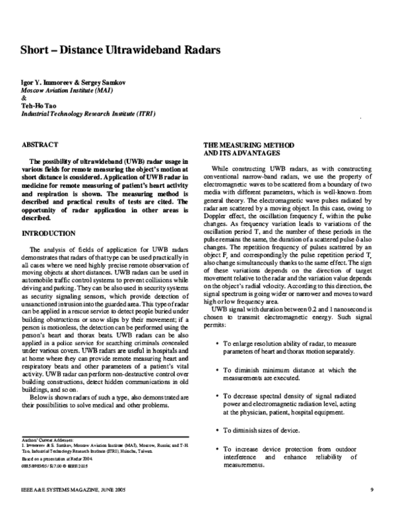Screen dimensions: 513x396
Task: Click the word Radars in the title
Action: click(195, 50)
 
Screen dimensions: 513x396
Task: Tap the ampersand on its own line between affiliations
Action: click(24, 97)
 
